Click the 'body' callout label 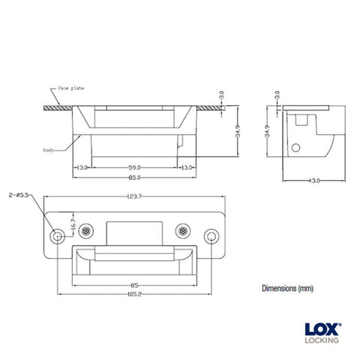(49, 151)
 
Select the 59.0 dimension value (134, 166)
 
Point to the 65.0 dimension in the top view (134, 177)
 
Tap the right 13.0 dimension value (187, 166)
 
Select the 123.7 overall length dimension (135, 197)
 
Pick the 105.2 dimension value (135, 295)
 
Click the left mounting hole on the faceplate (57, 236)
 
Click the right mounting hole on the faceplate (212, 236)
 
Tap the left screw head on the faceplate (89, 230)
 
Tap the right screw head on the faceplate (181, 230)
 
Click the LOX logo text (320, 328)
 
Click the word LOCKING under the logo (322, 340)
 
